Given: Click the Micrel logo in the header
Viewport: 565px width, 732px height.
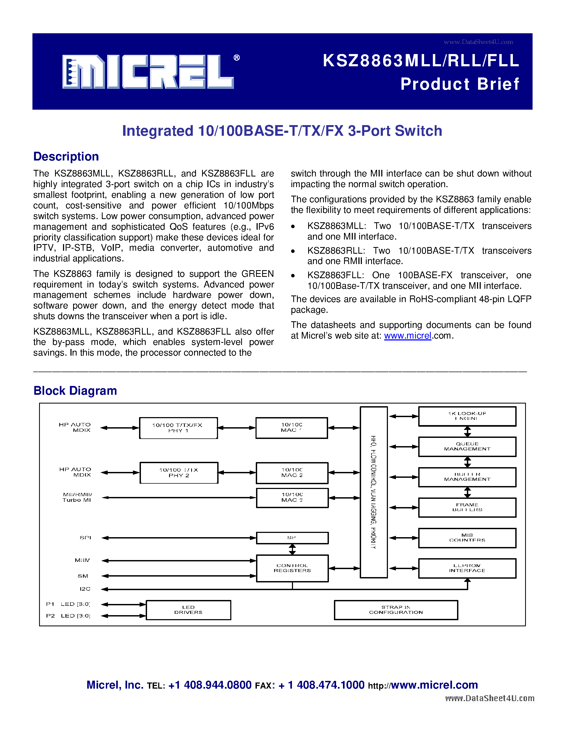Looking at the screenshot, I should click(148, 72).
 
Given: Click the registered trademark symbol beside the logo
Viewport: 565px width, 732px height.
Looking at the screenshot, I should click(237, 58).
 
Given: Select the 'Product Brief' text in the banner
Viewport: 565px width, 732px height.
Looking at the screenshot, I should click(459, 84).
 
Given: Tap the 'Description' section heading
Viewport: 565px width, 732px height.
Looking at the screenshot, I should click(66, 157).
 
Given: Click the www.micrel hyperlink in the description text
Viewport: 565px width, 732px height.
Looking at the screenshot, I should click(407, 335).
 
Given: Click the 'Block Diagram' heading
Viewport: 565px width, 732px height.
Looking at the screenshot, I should click(75, 390).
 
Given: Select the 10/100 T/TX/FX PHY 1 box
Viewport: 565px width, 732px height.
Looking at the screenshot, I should click(178, 428).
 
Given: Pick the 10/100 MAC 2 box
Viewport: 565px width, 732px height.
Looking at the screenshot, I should click(292, 472).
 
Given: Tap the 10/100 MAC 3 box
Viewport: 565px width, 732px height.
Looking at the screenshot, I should click(292, 497).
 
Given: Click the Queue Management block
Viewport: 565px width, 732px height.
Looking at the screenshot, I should click(467, 446).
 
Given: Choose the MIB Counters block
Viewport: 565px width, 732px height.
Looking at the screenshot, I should click(467, 538).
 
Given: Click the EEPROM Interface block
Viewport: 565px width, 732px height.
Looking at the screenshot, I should click(467, 568).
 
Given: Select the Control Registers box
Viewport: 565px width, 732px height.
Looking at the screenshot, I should click(292, 568).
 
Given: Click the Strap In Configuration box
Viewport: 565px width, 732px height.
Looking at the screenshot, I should click(396, 610).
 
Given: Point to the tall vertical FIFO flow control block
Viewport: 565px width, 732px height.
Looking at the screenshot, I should click(374, 492).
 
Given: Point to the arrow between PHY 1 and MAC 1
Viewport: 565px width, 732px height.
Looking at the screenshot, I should click(237, 428).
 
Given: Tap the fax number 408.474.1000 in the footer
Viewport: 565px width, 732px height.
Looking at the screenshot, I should click(330, 685).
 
